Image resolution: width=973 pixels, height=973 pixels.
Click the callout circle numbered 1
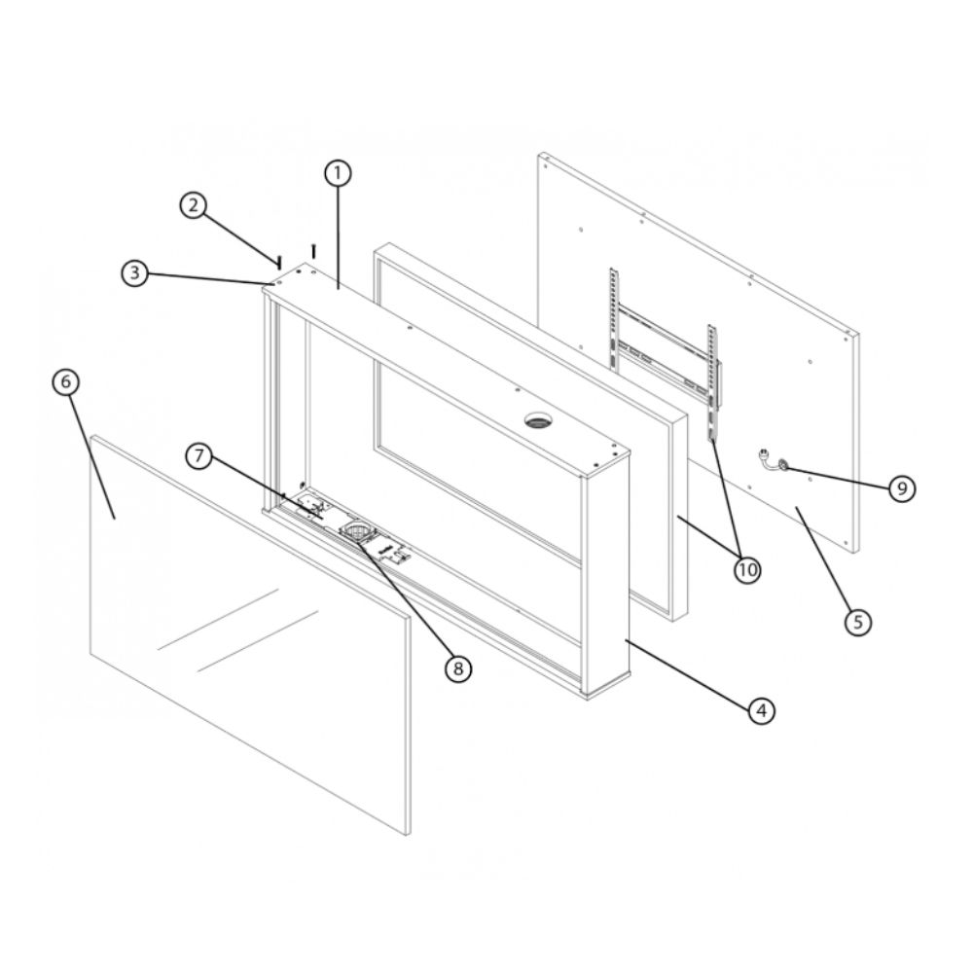pyautogui.click(x=338, y=174)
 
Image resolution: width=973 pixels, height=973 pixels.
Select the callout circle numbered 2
pyautogui.click(x=194, y=204)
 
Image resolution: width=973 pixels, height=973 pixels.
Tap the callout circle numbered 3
pyautogui.click(x=134, y=273)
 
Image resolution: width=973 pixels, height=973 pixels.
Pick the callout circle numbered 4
pyautogui.click(x=762, y=710)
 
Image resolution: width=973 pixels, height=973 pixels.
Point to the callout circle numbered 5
pyautogui.click(x=858, y=621)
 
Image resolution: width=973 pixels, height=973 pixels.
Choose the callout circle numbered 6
pyautogui.click(x=66, y=381)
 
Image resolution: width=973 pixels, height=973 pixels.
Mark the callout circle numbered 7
pyautogui.click(x=199, y=456)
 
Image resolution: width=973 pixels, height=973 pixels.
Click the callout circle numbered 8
pyautogui.click(x=458, y=668)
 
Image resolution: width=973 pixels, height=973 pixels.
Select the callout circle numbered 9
pyautogui.click(x=902, y=488)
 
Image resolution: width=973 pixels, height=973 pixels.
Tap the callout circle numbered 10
pyautogui.click(x=747, y=569)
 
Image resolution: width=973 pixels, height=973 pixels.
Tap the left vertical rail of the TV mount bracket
pyautogui.click(x=613, y=320)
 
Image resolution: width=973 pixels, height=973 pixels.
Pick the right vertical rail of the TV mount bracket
pyautogui.click(x=713, y=382)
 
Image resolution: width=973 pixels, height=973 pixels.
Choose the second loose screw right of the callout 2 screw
pyautogui.click(x=314, y=251)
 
